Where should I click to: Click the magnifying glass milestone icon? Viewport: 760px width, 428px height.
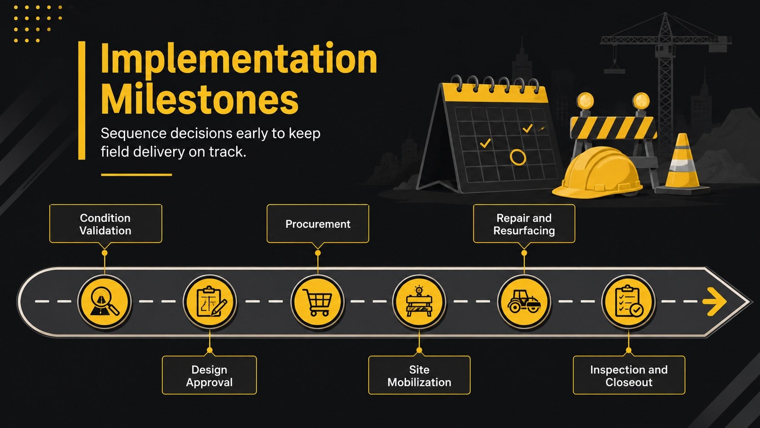tap(105, 302)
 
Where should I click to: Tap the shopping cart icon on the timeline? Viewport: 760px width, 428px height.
tap(318, 302)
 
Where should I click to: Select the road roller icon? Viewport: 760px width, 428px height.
tap(524, 302)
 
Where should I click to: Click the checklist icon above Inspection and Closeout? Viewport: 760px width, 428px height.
tap(629, 302)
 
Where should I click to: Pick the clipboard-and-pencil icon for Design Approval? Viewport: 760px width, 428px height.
tap(210, 302)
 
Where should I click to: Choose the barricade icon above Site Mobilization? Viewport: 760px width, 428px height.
tap(420, 302)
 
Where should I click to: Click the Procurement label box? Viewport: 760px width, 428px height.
tap(318, 224)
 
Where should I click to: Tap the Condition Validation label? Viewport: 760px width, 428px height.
tap(105, 224)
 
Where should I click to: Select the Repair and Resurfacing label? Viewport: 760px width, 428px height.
tap(524, 224)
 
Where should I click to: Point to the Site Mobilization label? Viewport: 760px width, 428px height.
tap(420, 375)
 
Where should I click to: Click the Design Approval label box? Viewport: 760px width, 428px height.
tap(210, 375)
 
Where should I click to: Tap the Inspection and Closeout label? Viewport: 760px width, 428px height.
tap(629, 375)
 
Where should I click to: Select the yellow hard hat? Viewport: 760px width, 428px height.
tap(598, 173)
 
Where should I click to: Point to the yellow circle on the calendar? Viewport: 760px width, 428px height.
tap(518, 157)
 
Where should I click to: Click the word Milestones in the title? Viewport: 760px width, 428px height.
tap(200, 100)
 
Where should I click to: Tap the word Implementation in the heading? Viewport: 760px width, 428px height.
tap(239, 59)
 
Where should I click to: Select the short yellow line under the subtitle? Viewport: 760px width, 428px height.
tap(136, 175)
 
